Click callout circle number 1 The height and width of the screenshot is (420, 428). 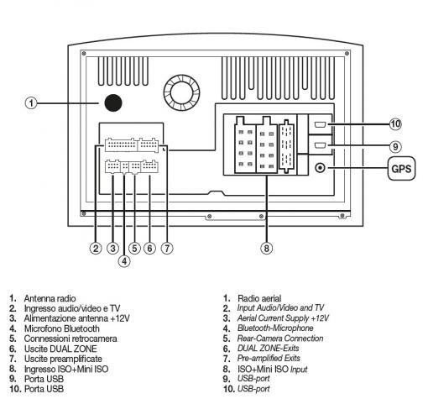[x=30, y=104]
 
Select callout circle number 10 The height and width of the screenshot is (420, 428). [x=395, y=124]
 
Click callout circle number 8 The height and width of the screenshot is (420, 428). [x=266, y=248]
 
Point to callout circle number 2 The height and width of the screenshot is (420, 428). [x=97, y=248]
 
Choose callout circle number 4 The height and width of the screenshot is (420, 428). [x=123, y=260]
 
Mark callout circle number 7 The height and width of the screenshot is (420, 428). [x=167, y=248]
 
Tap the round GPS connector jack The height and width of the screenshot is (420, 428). [x=321, y=167]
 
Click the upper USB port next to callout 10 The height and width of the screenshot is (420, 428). [x=322, y=126]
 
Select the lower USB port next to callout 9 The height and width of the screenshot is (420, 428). [x=322, y=145]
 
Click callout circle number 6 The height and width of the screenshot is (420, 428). [x=149, y=248]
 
